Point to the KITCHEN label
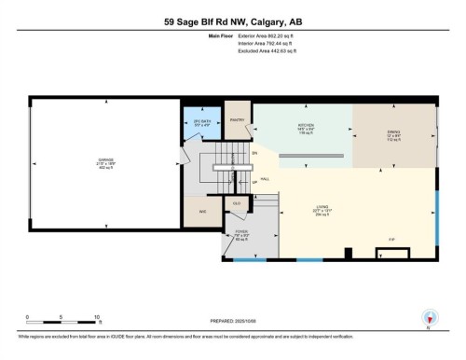pos(303,124)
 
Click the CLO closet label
pos(237,202)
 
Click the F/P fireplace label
pos(391,241)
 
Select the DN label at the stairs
pos(254,153)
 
